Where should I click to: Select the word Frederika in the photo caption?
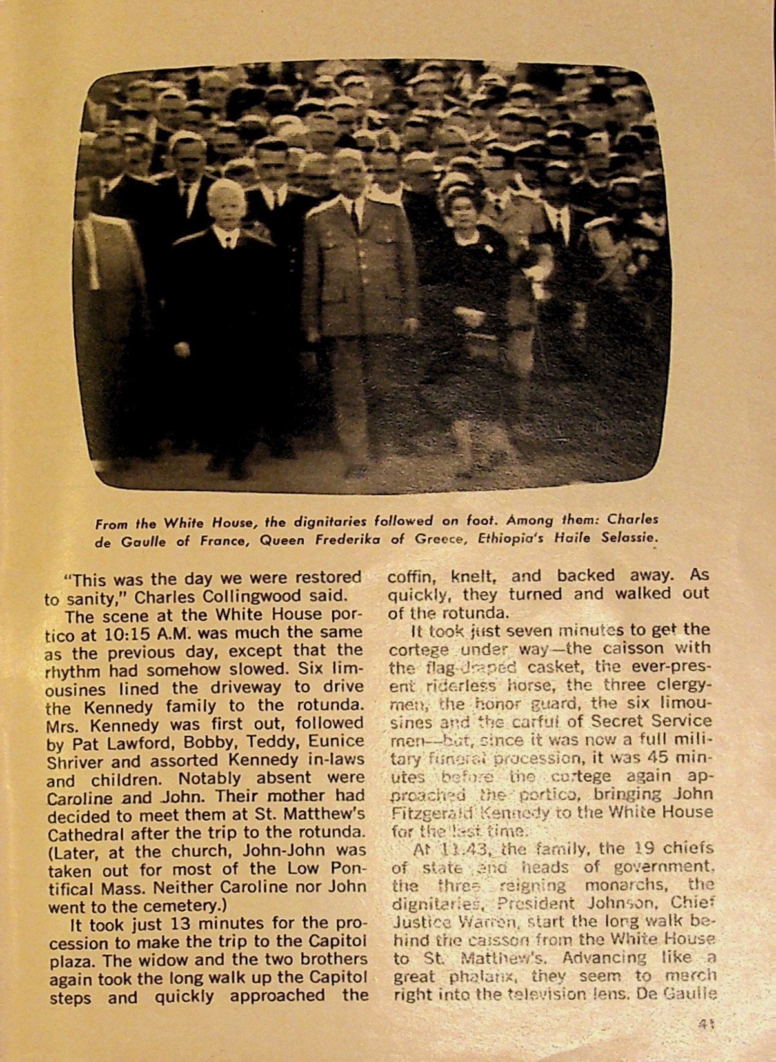(x=344, y=540)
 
